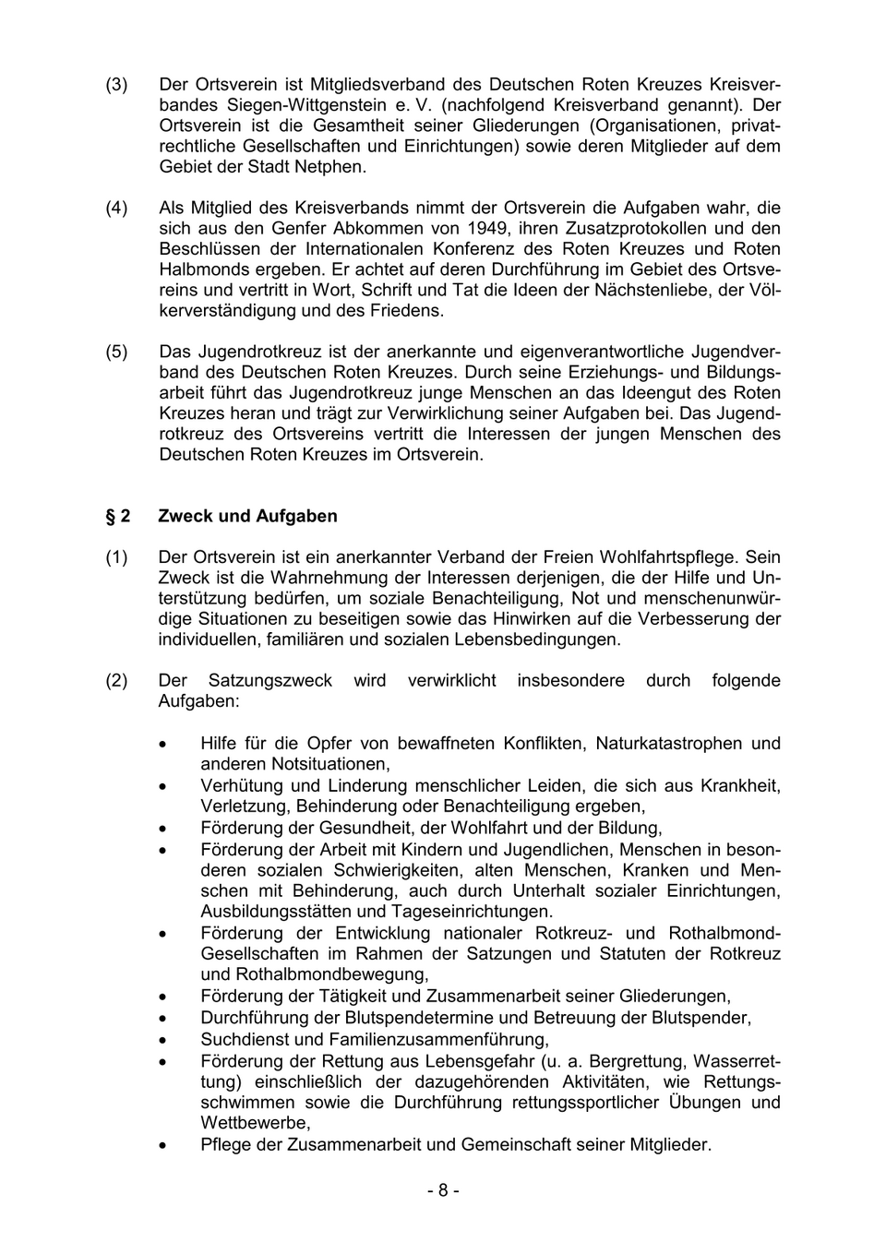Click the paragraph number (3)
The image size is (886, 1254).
click(x=116, y=85)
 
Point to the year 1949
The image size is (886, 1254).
click(x=488, y=228)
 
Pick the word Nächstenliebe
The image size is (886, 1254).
click(x=647, y=290)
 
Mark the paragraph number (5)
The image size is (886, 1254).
click(x=116, y=352)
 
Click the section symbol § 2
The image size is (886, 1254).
click(x=117, y=516)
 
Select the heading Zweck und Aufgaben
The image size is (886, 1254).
click(x=247, y=516)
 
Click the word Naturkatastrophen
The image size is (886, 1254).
click(x=668, y=743)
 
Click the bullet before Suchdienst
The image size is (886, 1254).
click(x=163, y=1040)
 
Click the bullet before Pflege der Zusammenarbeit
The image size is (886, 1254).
click(x=163, y=1145)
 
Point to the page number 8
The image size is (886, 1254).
click(x=443, y=1190)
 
